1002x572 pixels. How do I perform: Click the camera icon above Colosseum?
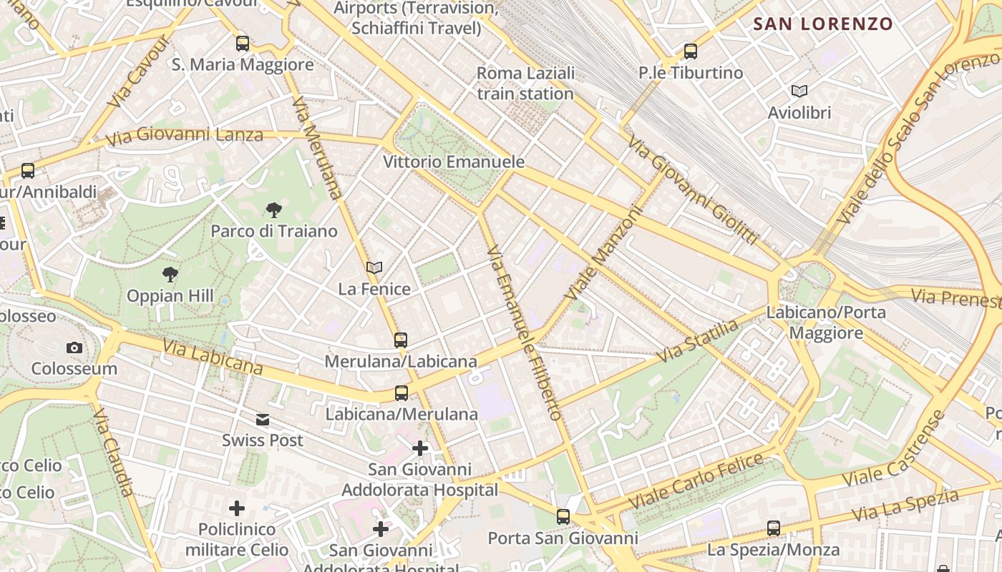(74, 348)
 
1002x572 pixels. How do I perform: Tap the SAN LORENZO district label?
(823, 24)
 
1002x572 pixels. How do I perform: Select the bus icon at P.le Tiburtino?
(691, 51)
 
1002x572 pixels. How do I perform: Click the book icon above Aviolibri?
(799, 92)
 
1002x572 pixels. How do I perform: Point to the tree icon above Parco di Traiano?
(273, 210)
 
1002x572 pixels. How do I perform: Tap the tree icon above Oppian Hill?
(170, 275)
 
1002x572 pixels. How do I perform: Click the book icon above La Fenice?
(374, 268)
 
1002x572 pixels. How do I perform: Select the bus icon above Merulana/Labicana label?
(401, 340)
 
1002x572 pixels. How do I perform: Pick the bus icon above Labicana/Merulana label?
(402, 393)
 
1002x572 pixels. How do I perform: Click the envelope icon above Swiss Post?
(263, 420)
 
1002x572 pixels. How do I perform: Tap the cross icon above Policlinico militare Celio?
(237, 508)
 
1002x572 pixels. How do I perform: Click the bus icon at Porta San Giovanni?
(563, 516)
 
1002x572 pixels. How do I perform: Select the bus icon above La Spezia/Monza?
(774, 528)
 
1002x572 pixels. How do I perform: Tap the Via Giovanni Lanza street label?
(184, 134)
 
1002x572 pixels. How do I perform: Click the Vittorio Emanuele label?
(454, 162)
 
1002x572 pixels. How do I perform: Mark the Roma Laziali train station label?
(525, 83)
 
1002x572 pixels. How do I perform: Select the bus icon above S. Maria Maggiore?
(243, 44)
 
